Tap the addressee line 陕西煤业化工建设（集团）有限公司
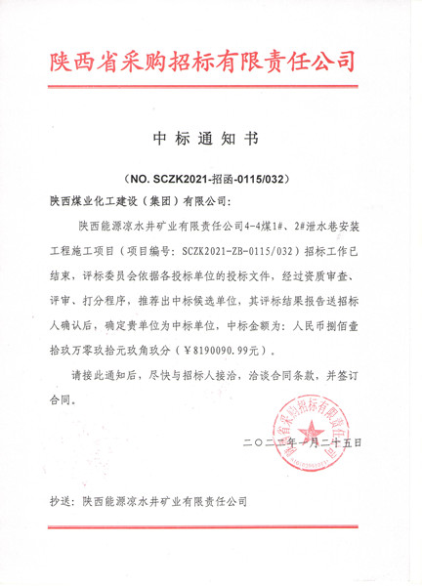tap(138, 202)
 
